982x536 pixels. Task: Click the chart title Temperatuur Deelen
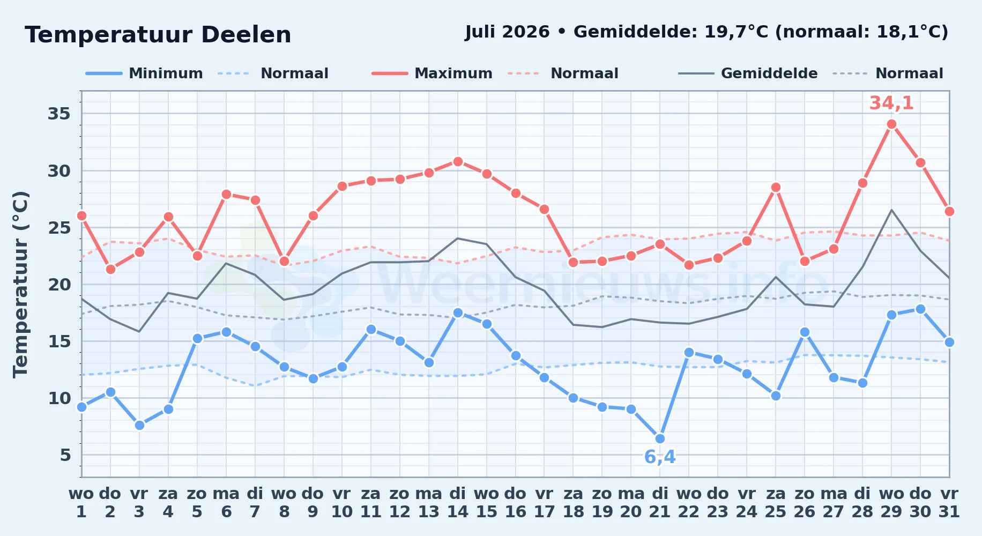point(158,35)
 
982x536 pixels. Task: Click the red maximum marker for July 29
point(891,124)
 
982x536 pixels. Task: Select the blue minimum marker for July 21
point(660,438)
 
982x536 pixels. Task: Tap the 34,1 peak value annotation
point(891,103)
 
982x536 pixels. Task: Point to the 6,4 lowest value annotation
point(660,457)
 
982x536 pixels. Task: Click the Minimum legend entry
point(144,73)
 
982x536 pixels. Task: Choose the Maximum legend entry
point(432,73)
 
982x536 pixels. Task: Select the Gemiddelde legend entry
point(748,73)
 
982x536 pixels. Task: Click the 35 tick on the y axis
point(59,114)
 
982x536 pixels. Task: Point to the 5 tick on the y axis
point(65,455)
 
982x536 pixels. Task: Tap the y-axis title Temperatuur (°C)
point(20,284)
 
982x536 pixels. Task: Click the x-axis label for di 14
point(457,502)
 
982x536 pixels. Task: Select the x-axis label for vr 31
point(949,502)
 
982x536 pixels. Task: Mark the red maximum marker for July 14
point(458,161)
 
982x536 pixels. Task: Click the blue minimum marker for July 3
point(139,425)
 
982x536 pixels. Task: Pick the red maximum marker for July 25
point(776,187)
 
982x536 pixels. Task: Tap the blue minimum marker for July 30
point(920,309)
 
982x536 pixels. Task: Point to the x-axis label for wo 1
point(81,502)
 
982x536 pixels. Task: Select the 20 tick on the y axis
point(59,284)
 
